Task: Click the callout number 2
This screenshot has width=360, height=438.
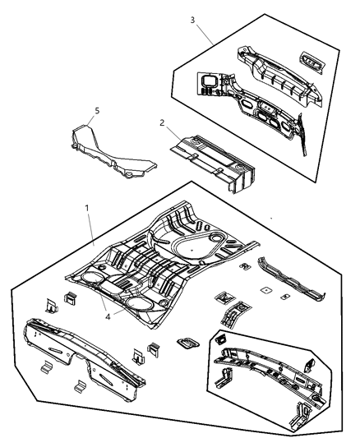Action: click(x=163, y=123)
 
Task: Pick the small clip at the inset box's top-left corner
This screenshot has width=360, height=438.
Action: click(x=220, y=339)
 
